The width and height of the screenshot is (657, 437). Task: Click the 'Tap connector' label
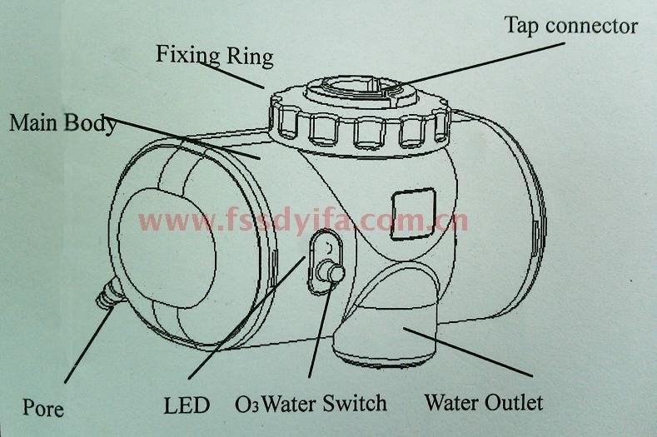coord(571,26)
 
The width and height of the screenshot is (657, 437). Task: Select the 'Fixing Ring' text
coord(215,56)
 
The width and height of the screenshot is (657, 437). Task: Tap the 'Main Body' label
coord(62,123)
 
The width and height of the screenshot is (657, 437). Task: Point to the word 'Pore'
coord(43,409)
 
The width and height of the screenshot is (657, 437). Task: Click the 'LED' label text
coord(187,406)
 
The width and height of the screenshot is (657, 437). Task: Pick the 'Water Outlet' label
coord(483,403)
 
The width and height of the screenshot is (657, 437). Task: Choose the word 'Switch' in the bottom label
coord(356,404)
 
